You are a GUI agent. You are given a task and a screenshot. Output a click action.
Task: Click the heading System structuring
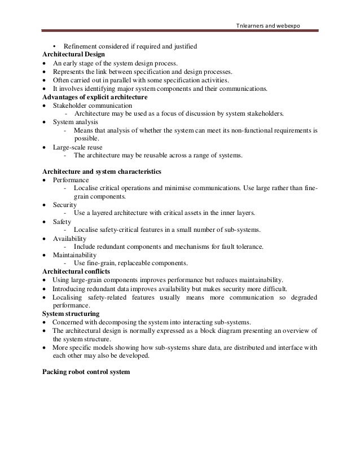71,313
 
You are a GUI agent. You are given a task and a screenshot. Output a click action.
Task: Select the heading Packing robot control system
86,372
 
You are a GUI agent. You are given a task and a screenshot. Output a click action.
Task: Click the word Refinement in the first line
80,46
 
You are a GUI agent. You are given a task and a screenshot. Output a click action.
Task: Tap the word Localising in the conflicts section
68,297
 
